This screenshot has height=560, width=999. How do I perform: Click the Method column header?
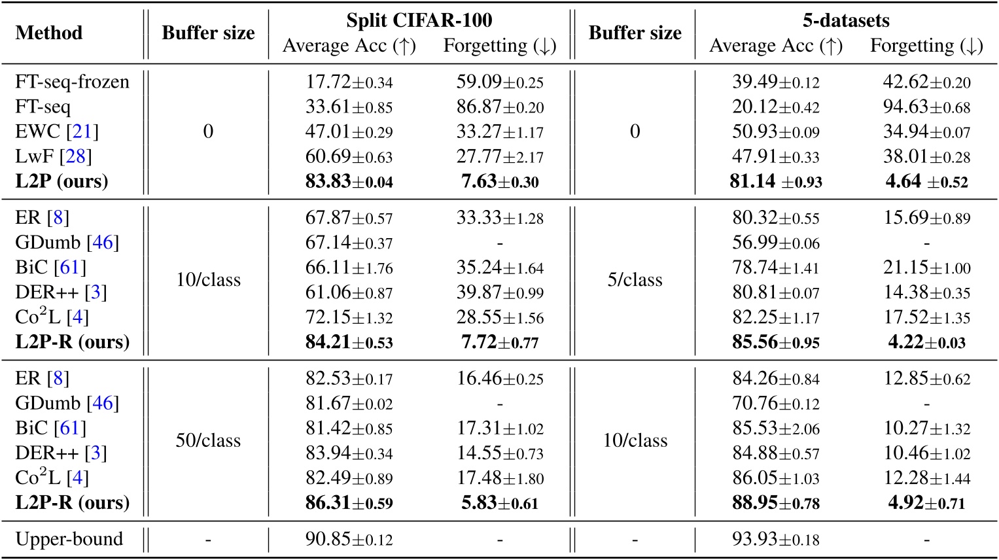(x=49, y=33)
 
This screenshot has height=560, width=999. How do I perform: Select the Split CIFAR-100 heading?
(x=419, y=20)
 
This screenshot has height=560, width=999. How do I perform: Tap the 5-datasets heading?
(x=846, y=20)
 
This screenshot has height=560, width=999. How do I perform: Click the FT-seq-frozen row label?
(x=72, y=82)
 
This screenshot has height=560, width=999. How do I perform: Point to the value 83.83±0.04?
(x=349, y=181)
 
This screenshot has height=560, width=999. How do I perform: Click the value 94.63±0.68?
(x=926, y=107)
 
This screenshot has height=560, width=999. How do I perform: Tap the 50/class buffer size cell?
(x=208, y=440)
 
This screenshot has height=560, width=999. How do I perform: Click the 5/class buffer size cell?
(x=635, y=280)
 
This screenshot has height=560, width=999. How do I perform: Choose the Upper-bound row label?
(x=69, y=539)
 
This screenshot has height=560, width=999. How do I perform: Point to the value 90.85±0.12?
(x=349, y=539)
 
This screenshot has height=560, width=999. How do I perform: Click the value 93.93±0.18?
(x=775, y=539)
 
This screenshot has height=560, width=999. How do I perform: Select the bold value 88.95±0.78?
(x=775, y=502)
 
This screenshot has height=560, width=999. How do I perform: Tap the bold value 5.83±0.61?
(x=499, y=502)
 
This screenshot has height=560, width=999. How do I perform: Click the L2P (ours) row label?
(x=61, y=181)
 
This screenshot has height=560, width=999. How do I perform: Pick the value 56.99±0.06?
(x=775, y=243)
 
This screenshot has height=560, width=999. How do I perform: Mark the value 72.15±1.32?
(x=349, y=317)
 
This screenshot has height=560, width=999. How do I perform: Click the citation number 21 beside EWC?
(x=82, y=131)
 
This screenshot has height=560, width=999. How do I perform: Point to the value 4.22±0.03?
(x=926, y=342)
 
